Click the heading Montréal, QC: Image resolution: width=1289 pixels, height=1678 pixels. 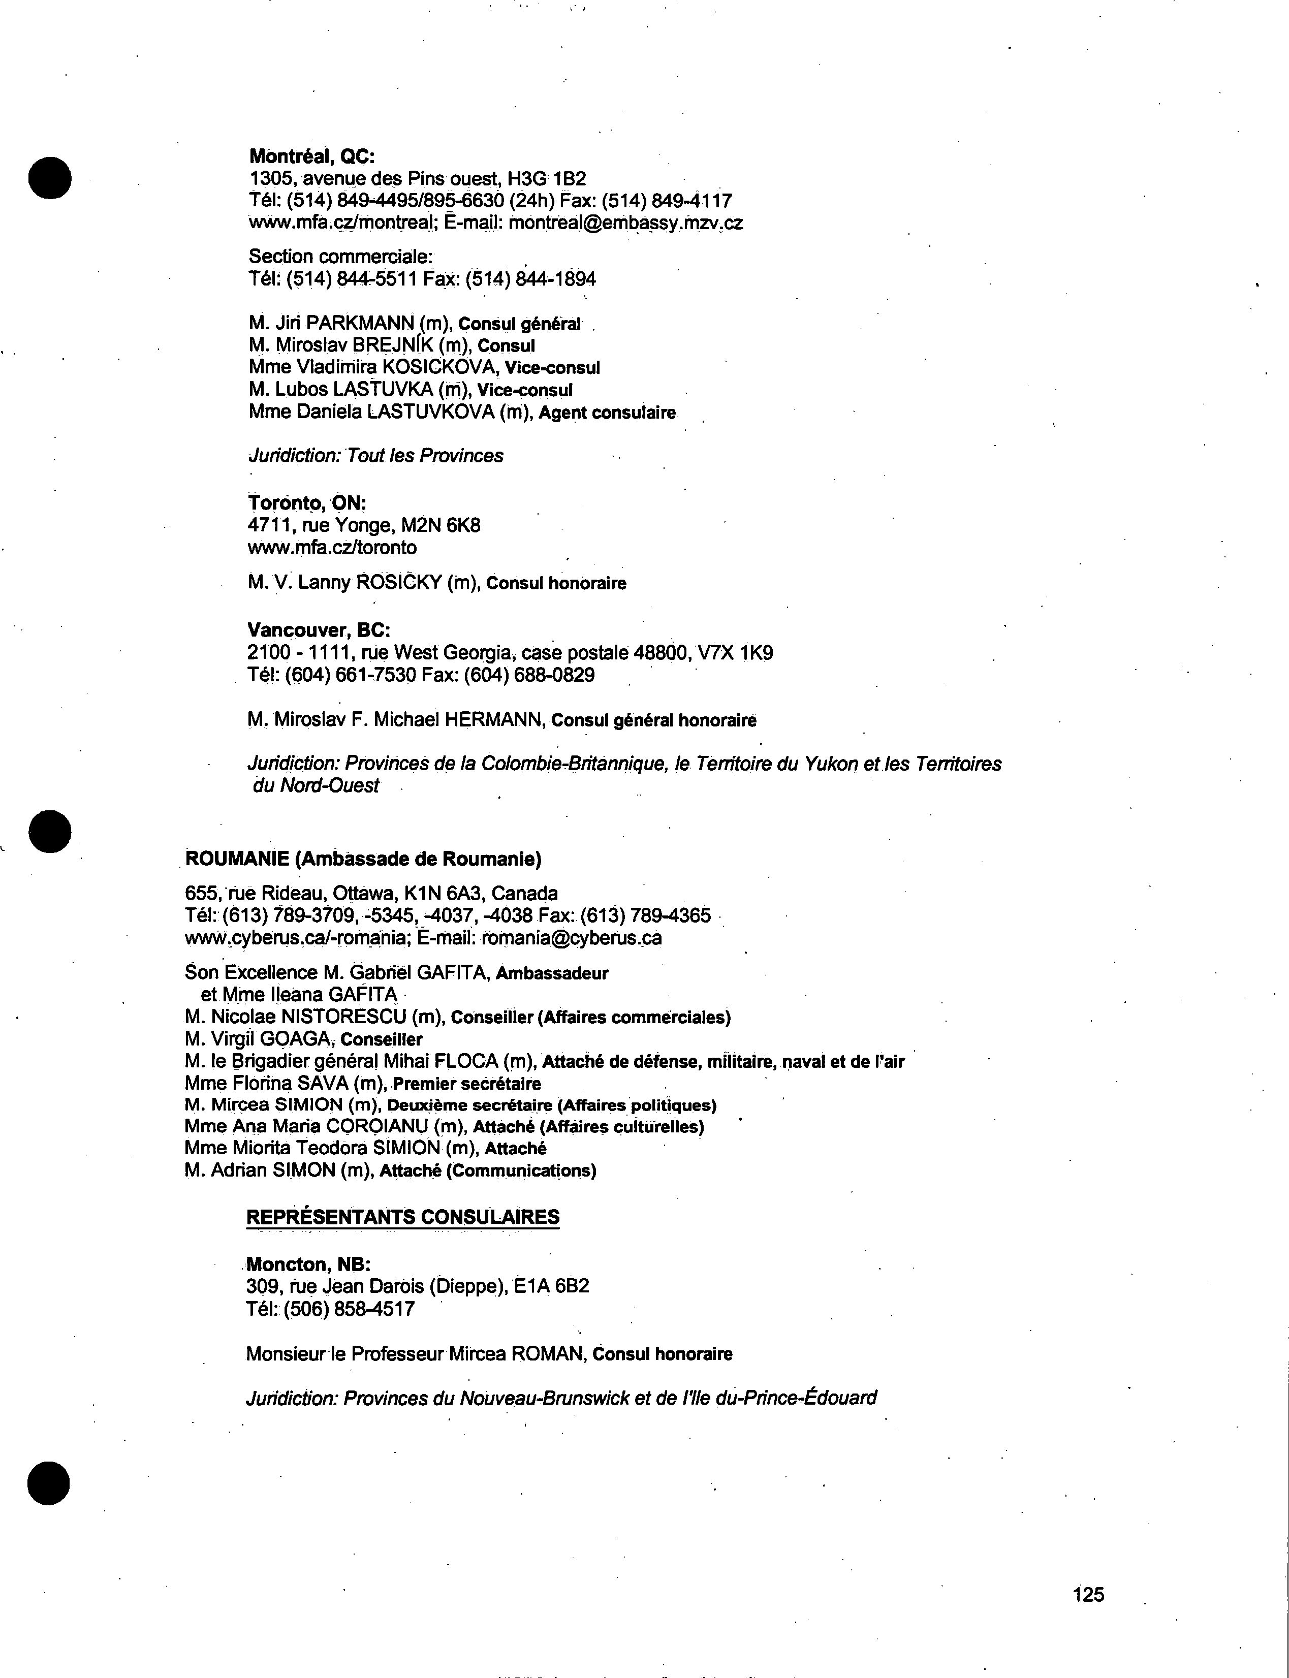[311, 156]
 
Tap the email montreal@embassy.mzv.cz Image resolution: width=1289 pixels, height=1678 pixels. [625, 223]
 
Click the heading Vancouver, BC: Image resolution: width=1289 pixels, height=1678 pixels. [319, 630]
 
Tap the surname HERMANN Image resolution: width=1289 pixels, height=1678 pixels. [494, 720]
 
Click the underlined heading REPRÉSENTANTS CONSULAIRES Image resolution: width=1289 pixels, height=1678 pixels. [403, 1216]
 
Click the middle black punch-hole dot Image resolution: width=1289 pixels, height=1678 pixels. [50, 831]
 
